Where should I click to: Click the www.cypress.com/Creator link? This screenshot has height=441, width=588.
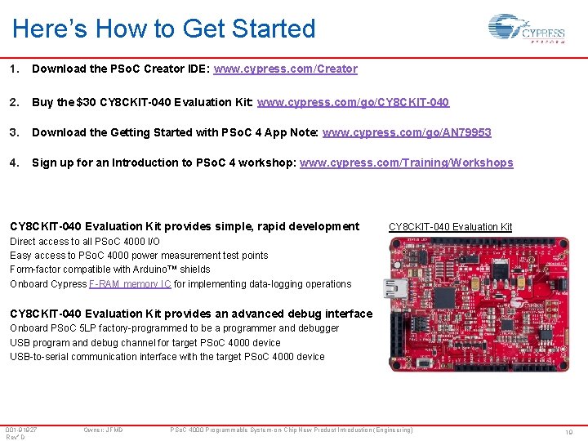(285, 69)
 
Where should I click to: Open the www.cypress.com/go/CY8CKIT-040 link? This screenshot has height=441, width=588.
(353, 102)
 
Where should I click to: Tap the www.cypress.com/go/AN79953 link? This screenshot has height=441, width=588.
(407, 132)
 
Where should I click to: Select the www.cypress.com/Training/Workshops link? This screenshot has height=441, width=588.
(406, 163)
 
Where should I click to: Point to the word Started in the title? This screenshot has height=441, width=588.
(274, 29)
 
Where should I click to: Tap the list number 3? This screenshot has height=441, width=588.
(14, 132)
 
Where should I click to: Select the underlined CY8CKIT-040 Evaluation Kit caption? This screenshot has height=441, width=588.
(450, 227)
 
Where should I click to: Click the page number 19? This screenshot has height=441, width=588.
(569, 432)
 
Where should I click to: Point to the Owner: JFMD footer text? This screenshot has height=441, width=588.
(103, 430)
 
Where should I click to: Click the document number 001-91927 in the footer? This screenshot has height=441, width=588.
(21, 430)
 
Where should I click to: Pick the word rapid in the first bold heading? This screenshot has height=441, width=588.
(247, 226)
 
